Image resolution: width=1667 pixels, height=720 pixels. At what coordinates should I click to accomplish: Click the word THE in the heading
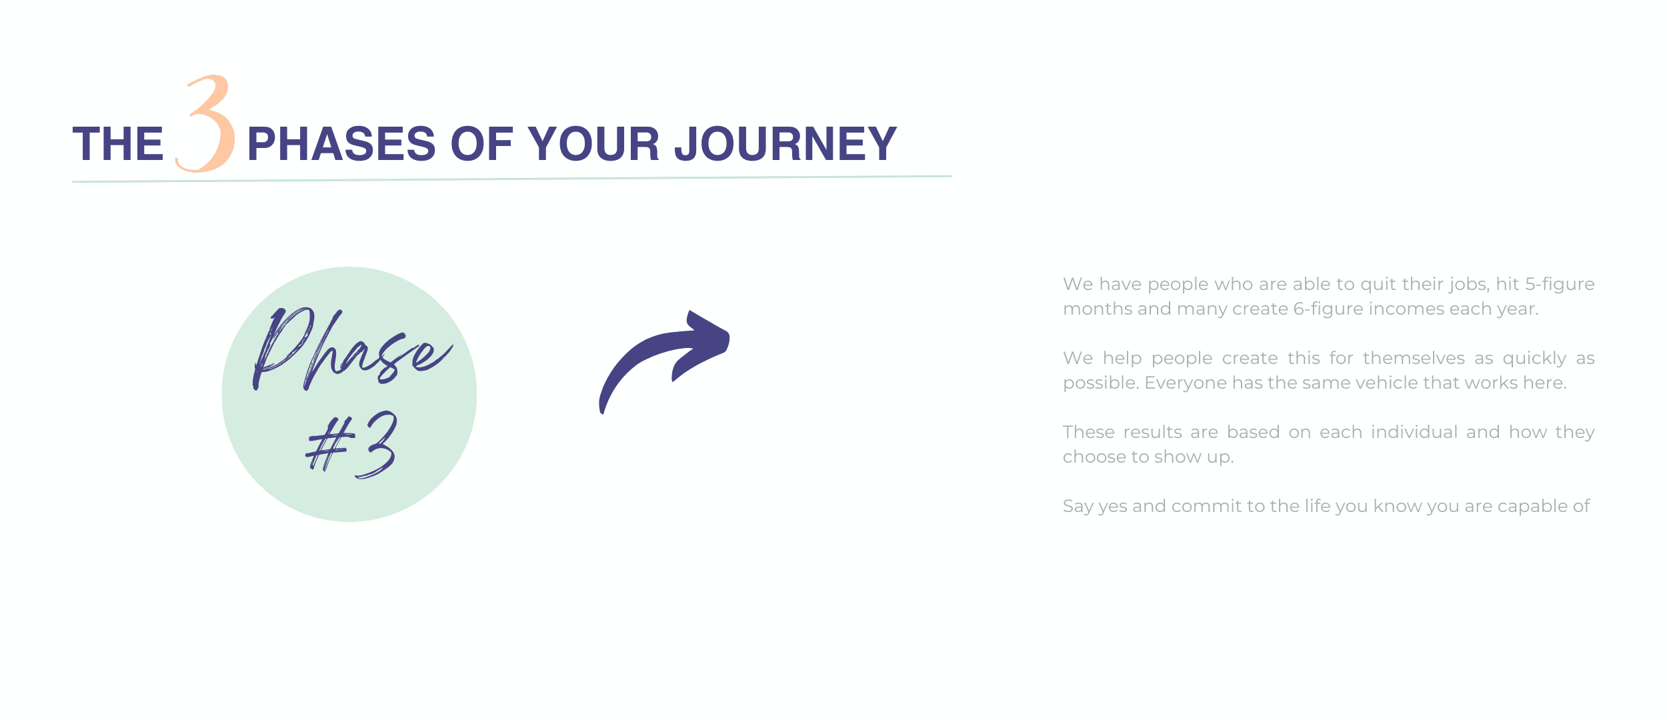(118, 144)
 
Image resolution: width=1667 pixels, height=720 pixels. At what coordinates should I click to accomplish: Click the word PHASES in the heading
(341, 144)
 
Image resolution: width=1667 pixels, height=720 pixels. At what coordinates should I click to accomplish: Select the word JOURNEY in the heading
(786, 144)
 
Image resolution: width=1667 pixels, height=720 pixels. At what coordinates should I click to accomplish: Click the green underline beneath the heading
(512, 179)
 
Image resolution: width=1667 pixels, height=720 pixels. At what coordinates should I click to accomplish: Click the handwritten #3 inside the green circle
(351, 444)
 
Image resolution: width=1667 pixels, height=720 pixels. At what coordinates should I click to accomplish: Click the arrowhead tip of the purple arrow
(728, 333)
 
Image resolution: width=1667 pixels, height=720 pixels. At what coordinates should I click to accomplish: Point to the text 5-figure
(1560, 285)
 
